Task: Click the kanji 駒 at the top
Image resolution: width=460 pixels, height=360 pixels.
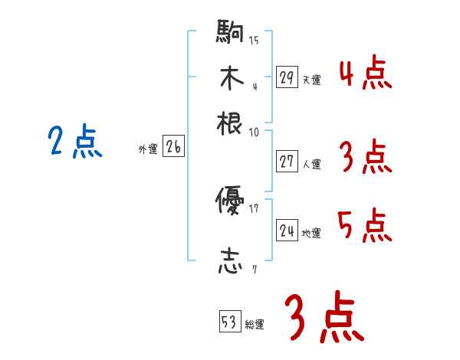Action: tap(230, 32)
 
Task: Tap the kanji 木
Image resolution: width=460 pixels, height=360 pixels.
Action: tap(230, 77)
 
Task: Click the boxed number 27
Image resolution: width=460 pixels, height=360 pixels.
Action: tap(287, 162)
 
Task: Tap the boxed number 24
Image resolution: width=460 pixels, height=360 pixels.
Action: tap(287, 231)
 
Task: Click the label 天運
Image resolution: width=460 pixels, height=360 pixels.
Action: tap(311, 79)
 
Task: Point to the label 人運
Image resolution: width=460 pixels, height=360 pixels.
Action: tap(312, 164)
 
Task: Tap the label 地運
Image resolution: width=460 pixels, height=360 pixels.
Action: tap(312, 233)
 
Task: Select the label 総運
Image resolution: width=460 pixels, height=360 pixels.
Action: tap(255, 324)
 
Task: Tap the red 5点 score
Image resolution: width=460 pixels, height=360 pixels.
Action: tap(365, 226)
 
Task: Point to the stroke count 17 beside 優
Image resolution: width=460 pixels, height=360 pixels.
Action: tap(254, 208)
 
